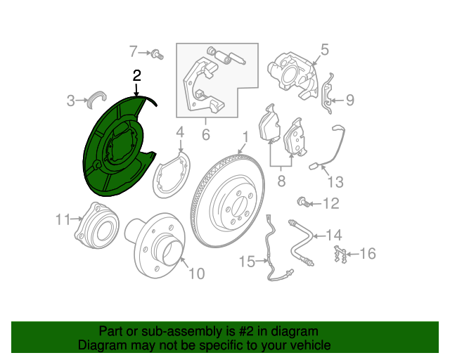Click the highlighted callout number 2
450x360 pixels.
coord(137,76)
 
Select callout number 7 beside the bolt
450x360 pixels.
coord(133,51)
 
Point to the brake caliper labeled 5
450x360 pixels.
coord(292,75)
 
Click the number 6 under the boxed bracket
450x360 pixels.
coord(206,134)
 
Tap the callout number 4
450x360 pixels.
coord(180,132)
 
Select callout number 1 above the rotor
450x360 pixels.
coord(245,137)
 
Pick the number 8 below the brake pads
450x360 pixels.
coord(281,181)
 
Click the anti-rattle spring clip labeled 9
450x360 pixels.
coord(327,94)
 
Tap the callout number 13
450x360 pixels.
coord(335,181)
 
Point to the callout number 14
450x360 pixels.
coord(334,235)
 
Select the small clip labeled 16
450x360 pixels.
coord(340,254)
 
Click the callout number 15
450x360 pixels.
coord(247,262)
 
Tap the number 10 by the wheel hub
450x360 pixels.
coord(197,274)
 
